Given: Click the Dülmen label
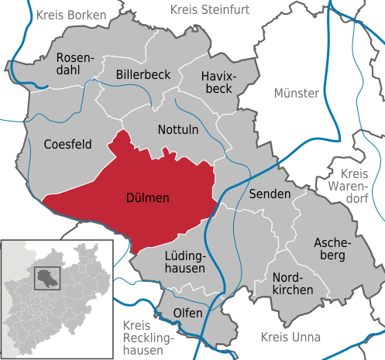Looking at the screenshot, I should point(147,198).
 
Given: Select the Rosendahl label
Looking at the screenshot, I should point(75,63).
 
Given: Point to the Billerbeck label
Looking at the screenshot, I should point(143,74).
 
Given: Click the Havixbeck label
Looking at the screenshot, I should point(217,84).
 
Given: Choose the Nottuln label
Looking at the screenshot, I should point(178,131).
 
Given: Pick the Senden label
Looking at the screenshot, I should point(270,193).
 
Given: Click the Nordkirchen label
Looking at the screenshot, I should point(293,283).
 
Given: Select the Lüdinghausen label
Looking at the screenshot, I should point(184,262).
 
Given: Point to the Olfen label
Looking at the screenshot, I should point(187,313).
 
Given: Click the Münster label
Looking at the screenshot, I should point(296,93).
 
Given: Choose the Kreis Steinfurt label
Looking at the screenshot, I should point(211,9).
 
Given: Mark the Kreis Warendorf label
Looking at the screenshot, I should point(355,187).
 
